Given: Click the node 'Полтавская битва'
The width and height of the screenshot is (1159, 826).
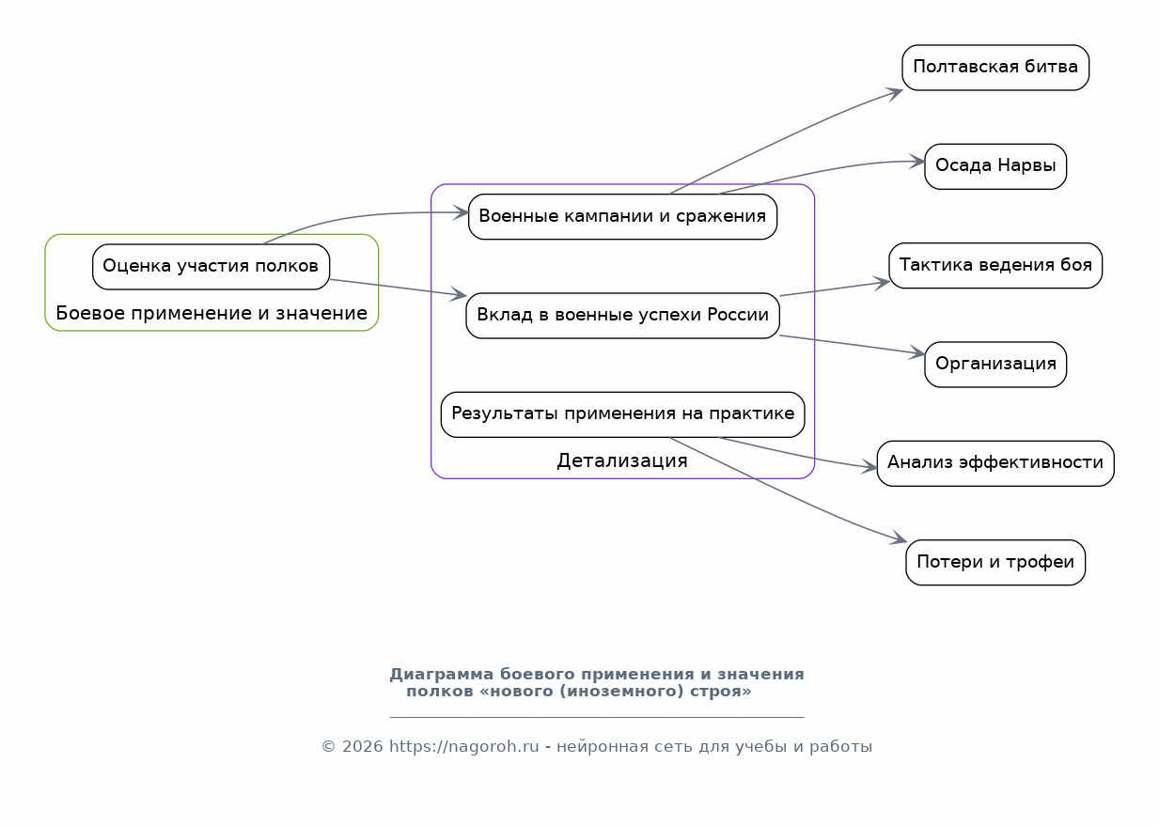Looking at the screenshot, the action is [x=995, y=68].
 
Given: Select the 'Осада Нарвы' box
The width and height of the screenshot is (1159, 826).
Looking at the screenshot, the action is [x=995, y=166].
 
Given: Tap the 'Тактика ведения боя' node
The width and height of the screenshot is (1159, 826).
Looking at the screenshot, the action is [x=995, y=265].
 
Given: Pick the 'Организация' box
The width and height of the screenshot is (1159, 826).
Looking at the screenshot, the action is [x=995, y=364].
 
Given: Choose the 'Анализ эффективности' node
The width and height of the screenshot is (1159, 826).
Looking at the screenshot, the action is [x=995, y=463].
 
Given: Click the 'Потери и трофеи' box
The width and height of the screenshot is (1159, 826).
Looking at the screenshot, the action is [x=995, y=562].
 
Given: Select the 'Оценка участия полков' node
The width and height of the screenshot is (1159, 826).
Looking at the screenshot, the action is [x=211, y=266].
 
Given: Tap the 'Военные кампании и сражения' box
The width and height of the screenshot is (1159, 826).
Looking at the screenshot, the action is [x=622, y=216].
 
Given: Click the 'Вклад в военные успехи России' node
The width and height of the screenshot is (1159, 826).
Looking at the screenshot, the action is [x=622, y=316].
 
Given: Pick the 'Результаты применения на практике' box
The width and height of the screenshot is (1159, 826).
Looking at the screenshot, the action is [x=622, y=414].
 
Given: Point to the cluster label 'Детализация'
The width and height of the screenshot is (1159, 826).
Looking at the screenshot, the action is [x=622, y=460].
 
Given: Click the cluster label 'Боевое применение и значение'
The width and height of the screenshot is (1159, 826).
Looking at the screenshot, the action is [x=211, y=313].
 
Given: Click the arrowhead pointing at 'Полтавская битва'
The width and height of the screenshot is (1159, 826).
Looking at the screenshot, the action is [x=894, y=94].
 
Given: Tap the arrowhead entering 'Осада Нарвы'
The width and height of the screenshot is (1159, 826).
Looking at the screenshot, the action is [x=916, y=161].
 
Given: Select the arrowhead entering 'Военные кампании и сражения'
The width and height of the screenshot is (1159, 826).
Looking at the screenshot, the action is [x=460, y=212].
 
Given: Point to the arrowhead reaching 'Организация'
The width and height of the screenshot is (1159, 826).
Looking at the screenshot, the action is [x=916, y=352].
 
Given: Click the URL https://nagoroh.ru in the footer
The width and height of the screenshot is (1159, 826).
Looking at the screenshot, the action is [x=463, y=746].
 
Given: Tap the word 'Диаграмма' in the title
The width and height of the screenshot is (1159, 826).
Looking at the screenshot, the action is [x=442, y=675].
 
